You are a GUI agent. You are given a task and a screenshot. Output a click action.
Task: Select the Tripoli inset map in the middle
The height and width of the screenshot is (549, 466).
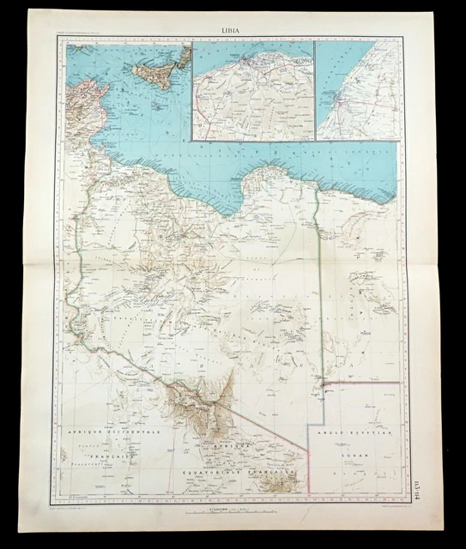click(x=252, y=91)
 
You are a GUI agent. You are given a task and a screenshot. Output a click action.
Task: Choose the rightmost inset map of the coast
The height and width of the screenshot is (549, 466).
click(x=357, y=91)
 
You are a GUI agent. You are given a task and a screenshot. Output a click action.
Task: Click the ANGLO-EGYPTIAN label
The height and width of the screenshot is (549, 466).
click(x=358, y=436)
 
